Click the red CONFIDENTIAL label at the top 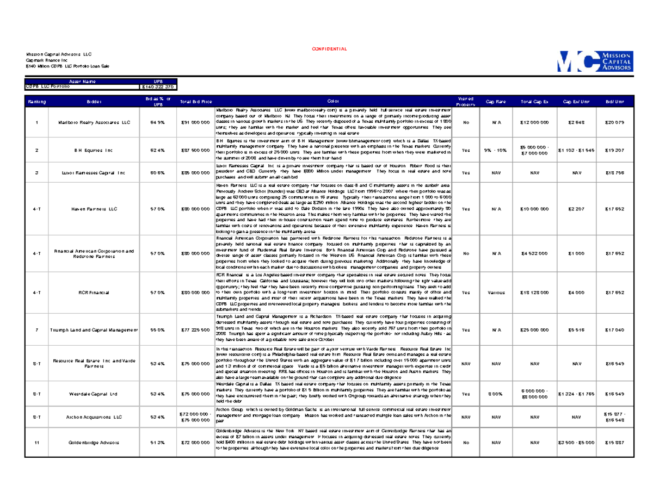click(329, 49)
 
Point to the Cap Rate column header click(496, 101)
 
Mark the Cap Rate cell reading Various click(496, 292)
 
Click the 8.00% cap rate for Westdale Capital click(496, 393)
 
